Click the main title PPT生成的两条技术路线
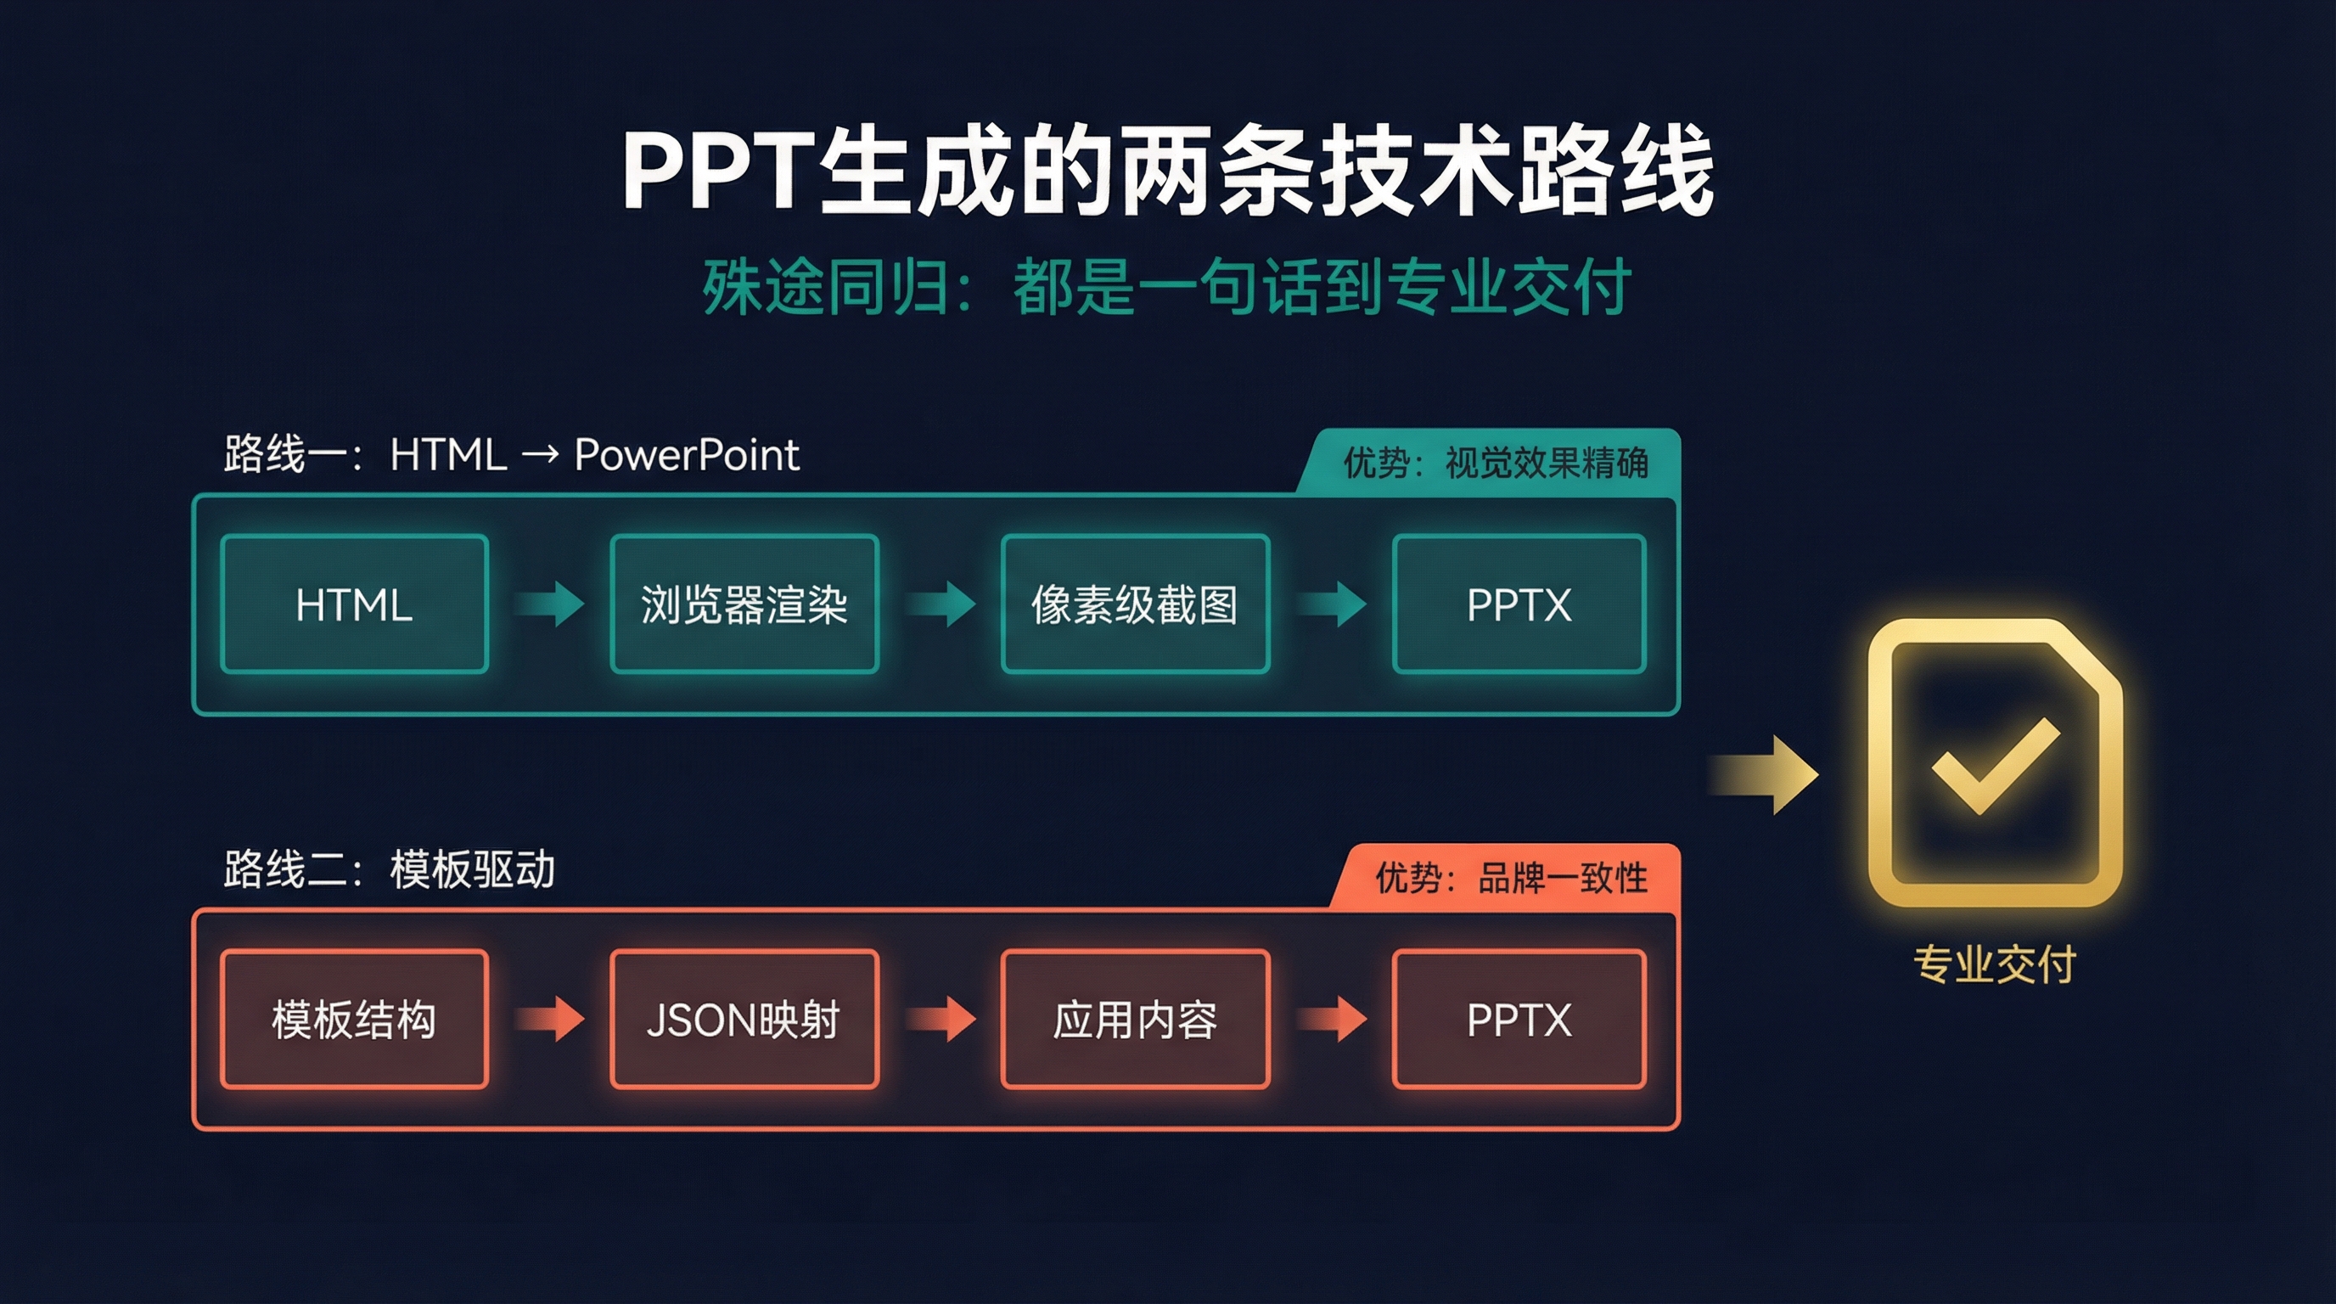1167,171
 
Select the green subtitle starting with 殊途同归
1167,288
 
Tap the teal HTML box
355,604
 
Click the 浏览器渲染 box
744,604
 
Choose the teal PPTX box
1519,604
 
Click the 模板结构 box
355,1020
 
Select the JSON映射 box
744,1020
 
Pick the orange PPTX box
1519,1020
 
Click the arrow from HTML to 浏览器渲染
550,604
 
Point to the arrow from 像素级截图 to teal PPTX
1332,604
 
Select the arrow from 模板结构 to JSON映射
550,1020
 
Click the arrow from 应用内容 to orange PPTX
1332,1020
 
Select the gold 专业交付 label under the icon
1994,964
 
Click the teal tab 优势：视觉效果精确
1496,464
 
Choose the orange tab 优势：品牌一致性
1511,878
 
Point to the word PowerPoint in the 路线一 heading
687,455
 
